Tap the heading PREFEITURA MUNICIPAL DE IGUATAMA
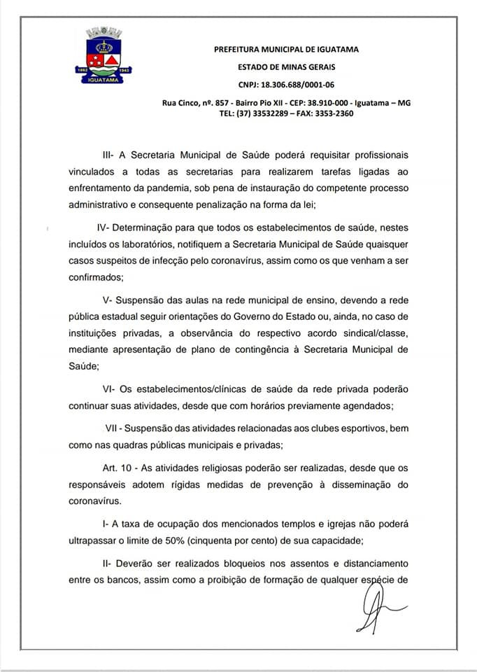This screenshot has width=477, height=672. pyautogui.click(x=286, y=50)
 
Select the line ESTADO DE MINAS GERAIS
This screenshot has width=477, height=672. pyautogui.click(x=286, y=66)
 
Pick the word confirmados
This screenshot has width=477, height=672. pyautogui.click(x=99, y=276)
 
